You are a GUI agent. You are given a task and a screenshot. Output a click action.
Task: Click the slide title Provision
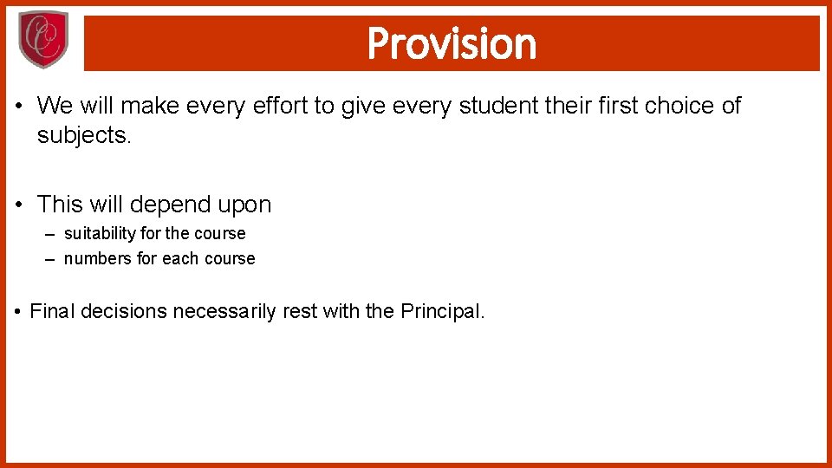(452, 43)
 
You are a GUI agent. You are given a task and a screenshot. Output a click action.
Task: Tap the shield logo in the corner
(42, 40)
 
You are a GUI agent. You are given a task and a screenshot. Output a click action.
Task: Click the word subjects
(83, 135)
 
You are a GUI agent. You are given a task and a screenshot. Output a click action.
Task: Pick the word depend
(169, 205)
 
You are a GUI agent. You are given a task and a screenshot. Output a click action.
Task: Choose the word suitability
(101, 233)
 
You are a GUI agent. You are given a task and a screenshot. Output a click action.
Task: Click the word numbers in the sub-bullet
(98, 258)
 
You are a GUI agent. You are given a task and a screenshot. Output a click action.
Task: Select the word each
(179, 258)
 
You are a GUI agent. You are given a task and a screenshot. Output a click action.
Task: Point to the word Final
(54, 311)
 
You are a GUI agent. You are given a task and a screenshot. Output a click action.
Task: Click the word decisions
(125, 311)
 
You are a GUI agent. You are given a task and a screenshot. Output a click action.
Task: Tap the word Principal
(442, 311)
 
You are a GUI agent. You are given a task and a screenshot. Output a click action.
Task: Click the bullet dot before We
(20, 107)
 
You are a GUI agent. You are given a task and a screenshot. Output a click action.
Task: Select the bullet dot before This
(20, 205)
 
